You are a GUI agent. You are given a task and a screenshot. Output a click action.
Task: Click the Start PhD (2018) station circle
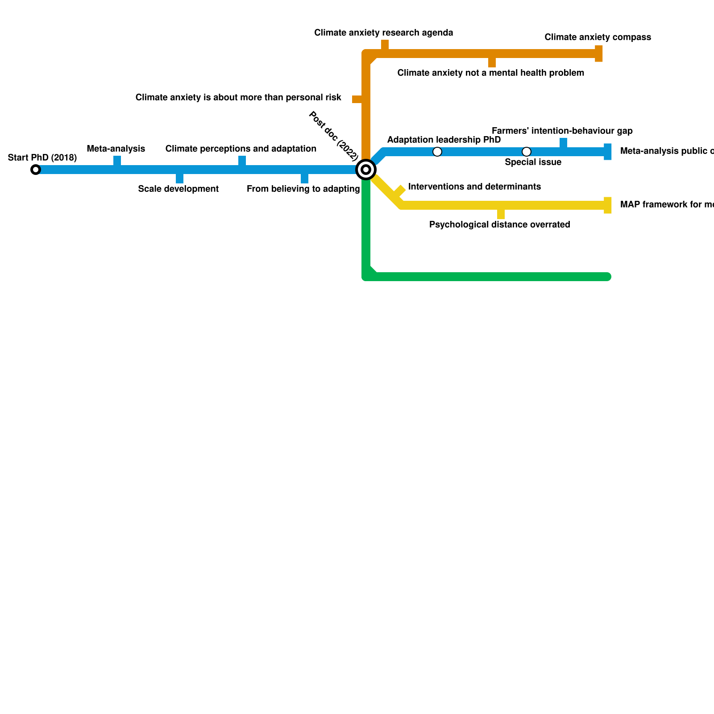pyautogui.click(x=36, y=170)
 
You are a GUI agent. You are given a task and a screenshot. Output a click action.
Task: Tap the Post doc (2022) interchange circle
pyautogui.click(x=366, y=170)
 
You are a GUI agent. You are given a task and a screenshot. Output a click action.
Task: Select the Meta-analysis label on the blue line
pyautogui.click(x=116, y=149)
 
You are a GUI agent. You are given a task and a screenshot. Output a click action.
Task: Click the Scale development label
pyautogui.click(x=178, y=189)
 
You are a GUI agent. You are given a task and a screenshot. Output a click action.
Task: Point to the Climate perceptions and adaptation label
pyautogui.click(x=241, y=149)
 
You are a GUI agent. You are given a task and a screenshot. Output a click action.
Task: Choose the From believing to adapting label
pyautogui.click(x=303, y=189)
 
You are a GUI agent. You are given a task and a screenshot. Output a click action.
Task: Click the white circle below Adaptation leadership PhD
pyautogui.click(x=437, y=152)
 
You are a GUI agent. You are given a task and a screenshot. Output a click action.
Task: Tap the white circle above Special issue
pyautogui.click(x=527, y=152)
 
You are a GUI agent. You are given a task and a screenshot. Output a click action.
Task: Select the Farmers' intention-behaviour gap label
pyautogui.click(x=562, y=131)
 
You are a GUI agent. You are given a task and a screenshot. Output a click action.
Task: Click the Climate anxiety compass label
pyautogui.click(x=598, y=37)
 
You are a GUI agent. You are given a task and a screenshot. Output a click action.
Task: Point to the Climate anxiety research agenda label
pyautogui.click(x=383, y=33)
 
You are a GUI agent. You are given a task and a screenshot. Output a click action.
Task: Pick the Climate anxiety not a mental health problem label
pyautogui.click(x=490, y=73)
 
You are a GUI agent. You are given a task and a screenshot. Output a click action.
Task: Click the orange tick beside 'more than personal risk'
pyautogui.click(x=357, y=99)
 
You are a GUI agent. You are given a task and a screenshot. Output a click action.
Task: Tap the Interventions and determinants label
pyautogui.click(x=474, y=187)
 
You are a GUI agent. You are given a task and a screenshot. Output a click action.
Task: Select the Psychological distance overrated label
pyautogui.click(x=499, y=224)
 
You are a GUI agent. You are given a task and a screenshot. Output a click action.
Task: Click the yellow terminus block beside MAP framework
pyautogui.click(x=608, y=205)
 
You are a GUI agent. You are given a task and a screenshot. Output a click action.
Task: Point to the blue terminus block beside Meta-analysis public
pyautogui.click(x=608, y=152)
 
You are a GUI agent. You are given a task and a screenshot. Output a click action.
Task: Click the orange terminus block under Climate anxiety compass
pyautogui.click(x=599, y=54)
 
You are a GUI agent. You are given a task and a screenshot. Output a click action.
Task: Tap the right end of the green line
pyautogui.click(x=608, y=277)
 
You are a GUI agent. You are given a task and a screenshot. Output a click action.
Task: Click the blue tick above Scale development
pyautogui.click(x=179, y=178)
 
